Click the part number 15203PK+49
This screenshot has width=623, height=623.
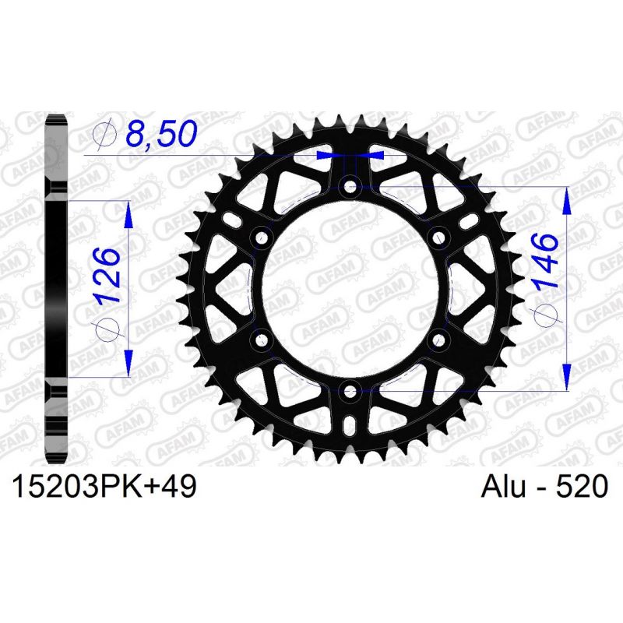(103, 487)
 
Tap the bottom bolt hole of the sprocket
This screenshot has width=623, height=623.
(350, 391)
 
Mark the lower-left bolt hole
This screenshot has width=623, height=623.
(261, 340)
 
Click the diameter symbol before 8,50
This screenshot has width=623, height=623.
(100, 136)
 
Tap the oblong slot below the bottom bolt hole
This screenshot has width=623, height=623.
(350, 425)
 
